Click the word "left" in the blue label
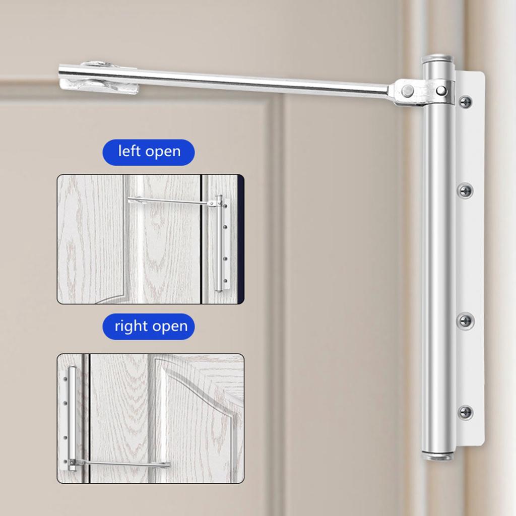click(130, 151)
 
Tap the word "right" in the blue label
click(131, 327)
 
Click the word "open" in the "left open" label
click(163, 152)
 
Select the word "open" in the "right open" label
click(170, 327)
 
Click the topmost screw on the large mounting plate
click(465, 101)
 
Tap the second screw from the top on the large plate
click(465, 190)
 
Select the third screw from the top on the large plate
click(465, 320)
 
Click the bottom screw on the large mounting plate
click(465, 412)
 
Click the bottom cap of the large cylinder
click(437, 457)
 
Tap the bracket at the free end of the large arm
click(99, 78)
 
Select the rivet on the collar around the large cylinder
click(441, 90)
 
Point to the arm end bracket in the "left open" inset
click(137, 200)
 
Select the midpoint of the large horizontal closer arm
click(227, 81)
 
